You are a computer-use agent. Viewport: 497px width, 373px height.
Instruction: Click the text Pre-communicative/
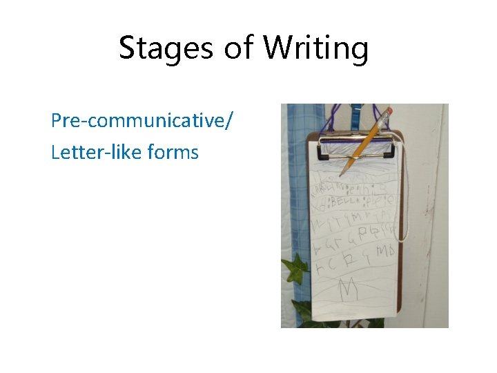pyautogui.click(x=142, y=122)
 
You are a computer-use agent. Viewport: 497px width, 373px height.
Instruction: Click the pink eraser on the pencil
pyautogui.click(x=389, y=111)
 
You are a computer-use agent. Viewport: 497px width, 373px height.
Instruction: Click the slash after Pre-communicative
pyautogui.click(x=229, y=122)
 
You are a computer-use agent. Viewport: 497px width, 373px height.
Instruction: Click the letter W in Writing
pyautogui.click(x=279, y=48)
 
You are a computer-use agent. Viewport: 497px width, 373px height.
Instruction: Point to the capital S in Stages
pyautogui.click(x=128, y=48)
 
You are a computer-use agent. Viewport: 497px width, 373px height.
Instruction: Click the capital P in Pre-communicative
pyautogui.click(x=56, y=122)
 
